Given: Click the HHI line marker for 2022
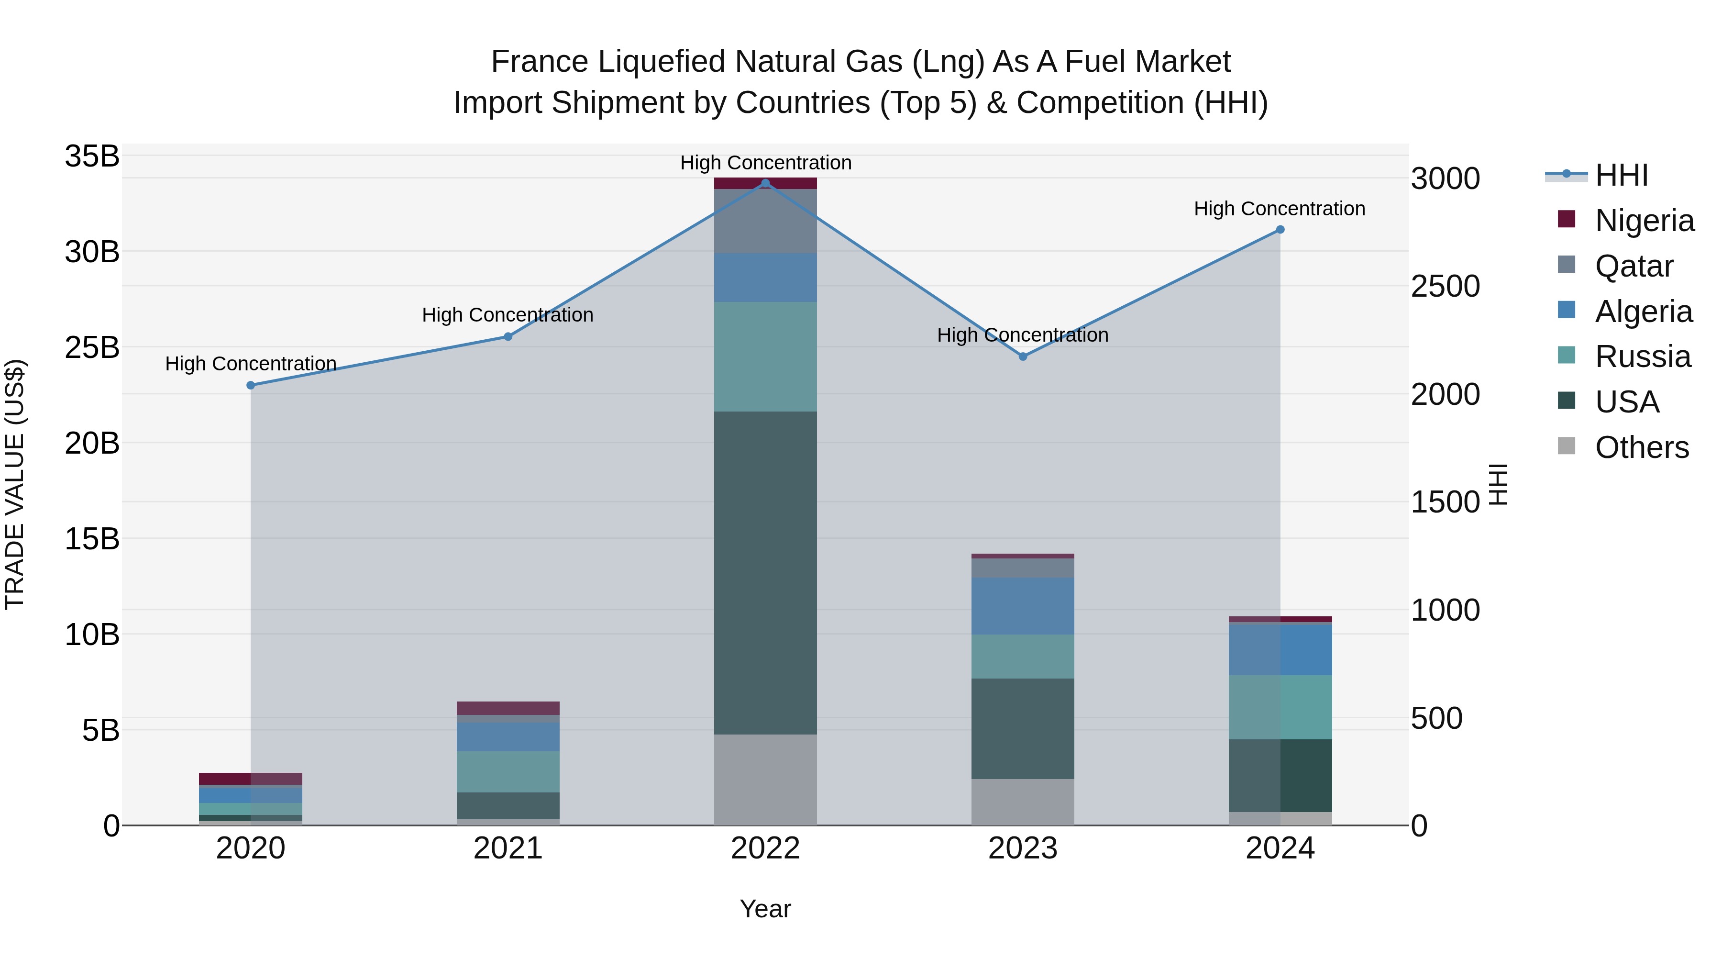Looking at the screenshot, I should tap(765, 183).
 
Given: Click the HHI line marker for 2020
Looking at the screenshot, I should tap(251, 385).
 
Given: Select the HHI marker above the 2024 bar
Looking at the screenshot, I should tap(1280, 229).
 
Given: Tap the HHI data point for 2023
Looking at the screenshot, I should tap(1023, 356).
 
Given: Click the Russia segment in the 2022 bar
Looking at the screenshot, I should tap(765, 356).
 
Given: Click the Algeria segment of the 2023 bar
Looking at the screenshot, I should tap(1023, 606).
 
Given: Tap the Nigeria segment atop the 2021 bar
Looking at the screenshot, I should tap(508, 708).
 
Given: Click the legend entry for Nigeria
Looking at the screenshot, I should tap(1644, 221).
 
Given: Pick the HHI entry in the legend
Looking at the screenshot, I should tap(1621, 175).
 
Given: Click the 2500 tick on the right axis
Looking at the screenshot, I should tap(1445, 286).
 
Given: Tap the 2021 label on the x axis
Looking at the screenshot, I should tap(508, 848).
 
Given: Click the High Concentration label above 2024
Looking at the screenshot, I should tap(1280, 209).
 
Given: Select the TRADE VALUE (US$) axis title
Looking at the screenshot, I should tap(15, 484).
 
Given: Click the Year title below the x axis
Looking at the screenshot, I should tap(765, 909).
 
